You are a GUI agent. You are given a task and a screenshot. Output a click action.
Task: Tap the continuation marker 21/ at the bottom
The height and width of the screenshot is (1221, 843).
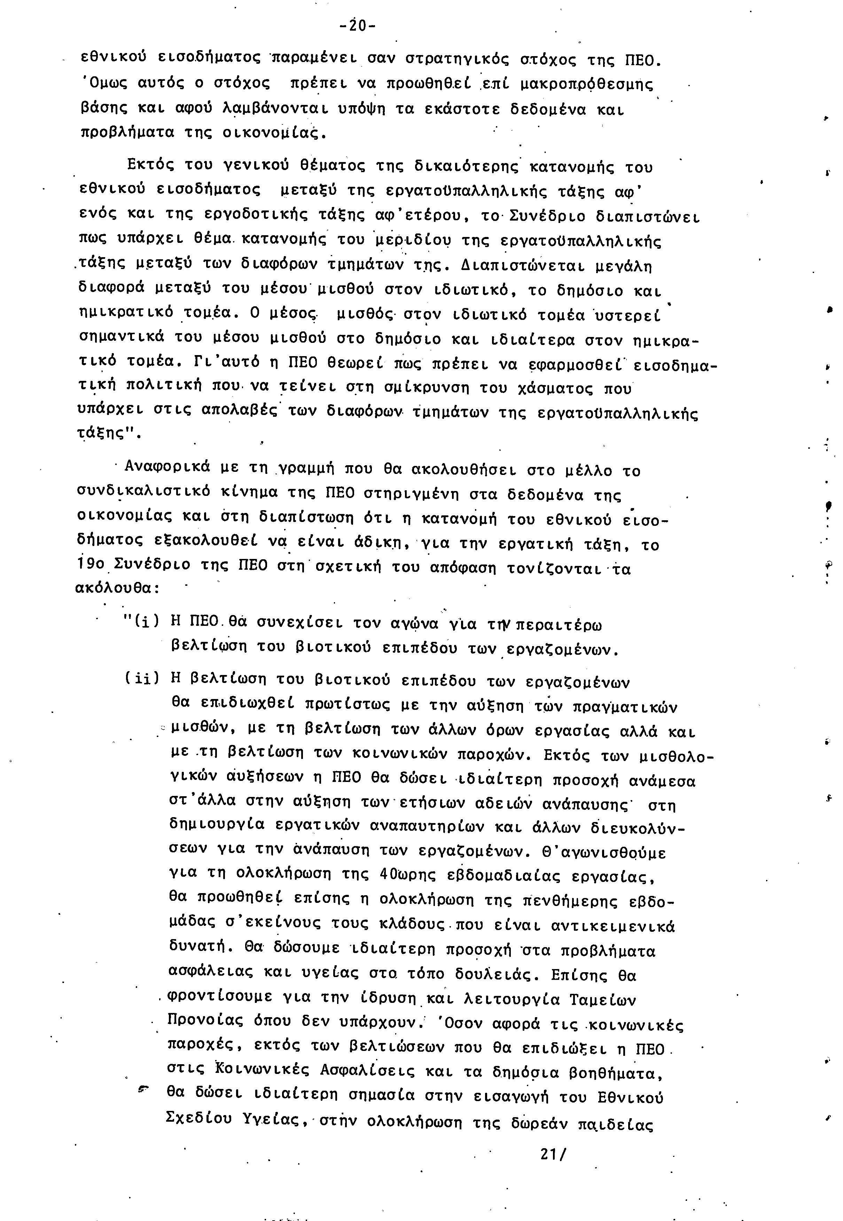click(x=553, y=1154)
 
